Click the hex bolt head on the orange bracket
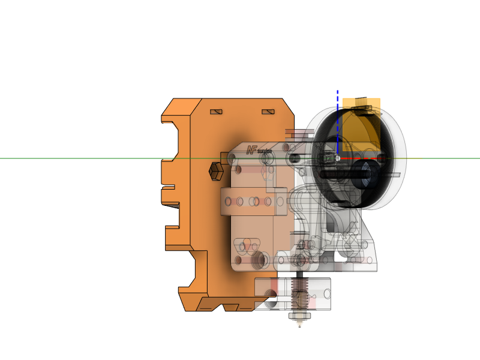coord(215,171)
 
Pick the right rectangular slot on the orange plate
coord(268,112)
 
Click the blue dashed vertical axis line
coord(338,120)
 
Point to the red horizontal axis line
coord(354,159)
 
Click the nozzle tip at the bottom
coord(299,325)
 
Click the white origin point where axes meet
coord(338,158)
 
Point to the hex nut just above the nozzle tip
coord(299,316)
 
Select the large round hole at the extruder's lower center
coord(260,259)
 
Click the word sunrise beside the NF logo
coord(265,151)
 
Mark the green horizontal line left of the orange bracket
coord(78,158)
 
